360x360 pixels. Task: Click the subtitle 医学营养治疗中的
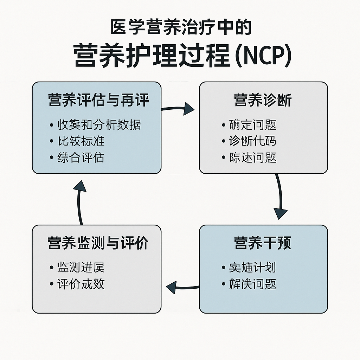click(x=181, y=28)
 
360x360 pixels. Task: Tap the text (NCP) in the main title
click(x=261, y=56)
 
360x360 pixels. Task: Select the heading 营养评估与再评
click(x=98, y=101)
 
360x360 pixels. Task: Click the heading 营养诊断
click(x=263, y=101)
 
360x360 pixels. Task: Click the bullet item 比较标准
click(x=81, y=141)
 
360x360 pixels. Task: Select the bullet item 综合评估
click(x=81, y=157)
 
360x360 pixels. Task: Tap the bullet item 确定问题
click(x=252, y=125)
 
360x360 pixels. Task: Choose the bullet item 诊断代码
click(x=252, y=141)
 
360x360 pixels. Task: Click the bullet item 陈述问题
click(x=252, y=157)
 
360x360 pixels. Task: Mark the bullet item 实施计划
click(x=252, y=268)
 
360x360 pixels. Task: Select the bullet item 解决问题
click(x=252, y=284)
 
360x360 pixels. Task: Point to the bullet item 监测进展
click(x=81, y=268)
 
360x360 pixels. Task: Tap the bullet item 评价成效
click(x=81, y=284)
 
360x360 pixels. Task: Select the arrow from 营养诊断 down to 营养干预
click(x=280, y=197)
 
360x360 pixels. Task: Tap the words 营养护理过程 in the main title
click(x=151, y=56)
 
